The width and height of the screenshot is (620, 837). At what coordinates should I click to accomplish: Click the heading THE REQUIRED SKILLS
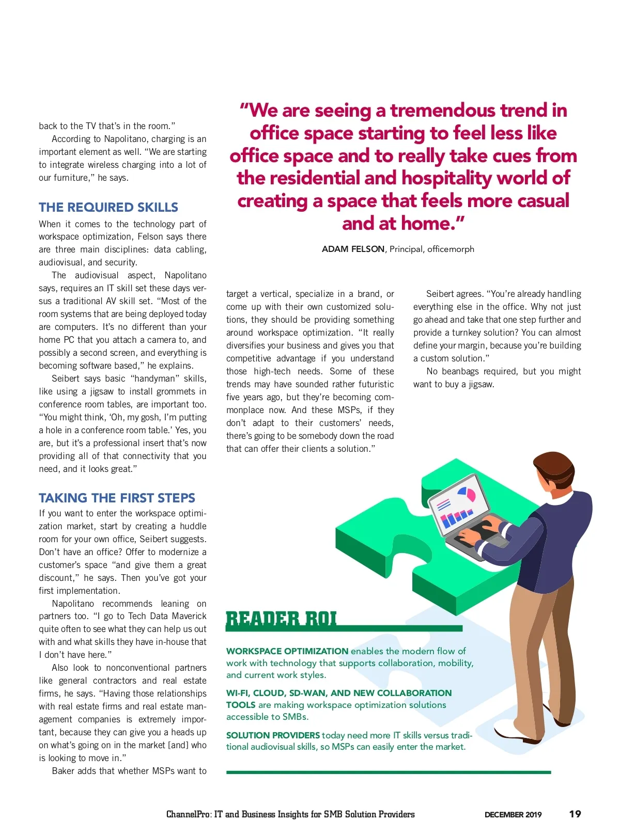109,208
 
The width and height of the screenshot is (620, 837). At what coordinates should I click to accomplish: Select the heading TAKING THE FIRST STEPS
117,498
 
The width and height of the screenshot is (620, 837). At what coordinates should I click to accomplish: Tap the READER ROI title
282,619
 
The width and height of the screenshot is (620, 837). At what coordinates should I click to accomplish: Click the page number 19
575,814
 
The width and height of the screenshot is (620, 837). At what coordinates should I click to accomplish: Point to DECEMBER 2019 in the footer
513,815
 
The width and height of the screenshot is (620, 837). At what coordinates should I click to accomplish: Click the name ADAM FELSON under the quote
353,249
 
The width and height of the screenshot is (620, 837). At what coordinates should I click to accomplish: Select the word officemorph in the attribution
451,249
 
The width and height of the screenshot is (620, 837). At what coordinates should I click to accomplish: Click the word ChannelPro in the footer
189,814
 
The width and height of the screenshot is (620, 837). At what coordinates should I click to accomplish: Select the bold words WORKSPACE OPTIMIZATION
287,651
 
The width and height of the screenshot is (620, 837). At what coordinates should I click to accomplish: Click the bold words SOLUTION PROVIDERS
273,735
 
